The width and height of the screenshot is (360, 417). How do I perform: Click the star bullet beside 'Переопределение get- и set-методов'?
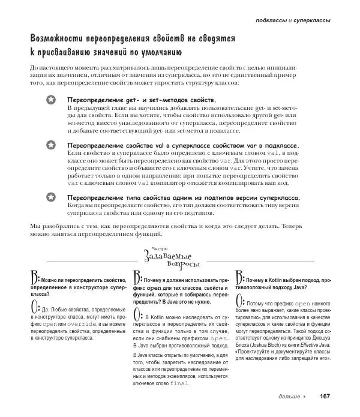click(x=52, y=100)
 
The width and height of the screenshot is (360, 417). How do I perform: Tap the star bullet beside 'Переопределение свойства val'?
click(x=52, y=146)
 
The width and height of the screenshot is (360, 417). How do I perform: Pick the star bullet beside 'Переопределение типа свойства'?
click(x=52, y=198)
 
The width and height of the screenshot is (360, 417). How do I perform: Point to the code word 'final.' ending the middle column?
click(x=179, y=383)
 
